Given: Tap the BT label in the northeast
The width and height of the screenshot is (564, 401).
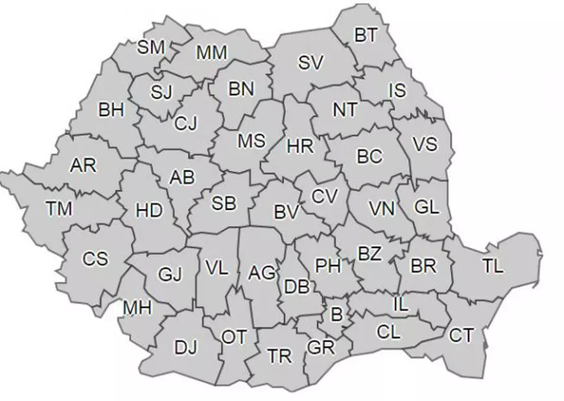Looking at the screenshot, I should coord(366,35).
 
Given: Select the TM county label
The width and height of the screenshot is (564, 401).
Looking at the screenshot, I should coord(59,209).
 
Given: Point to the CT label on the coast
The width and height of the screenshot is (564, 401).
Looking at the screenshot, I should coord(461,336).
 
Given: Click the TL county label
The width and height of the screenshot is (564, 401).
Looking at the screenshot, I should coord(493,266).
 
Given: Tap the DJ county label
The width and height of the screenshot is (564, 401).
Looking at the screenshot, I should coord(185,348).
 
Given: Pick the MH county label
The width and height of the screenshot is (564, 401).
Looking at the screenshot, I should coord(137,308).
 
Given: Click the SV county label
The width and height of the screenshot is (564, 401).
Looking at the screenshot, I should coord(311,63).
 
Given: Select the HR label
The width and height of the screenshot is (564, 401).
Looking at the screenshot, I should coord(300,146).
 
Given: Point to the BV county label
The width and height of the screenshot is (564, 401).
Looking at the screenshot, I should coord(286,211).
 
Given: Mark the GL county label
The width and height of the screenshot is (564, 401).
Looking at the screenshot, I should coord(427,208).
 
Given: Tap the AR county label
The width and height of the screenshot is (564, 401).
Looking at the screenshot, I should coord(83,165).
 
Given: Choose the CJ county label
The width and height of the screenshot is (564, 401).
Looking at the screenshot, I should coord(186,122).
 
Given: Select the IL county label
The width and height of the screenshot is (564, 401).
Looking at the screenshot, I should coord(401,304).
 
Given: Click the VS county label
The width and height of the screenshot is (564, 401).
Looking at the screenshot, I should coord(425,144).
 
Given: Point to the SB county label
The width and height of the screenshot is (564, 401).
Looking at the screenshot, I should coord(224,203).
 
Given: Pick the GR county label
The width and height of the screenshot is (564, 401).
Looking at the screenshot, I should coord(321,347).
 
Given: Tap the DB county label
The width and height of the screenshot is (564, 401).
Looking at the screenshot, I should coord(296,286).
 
